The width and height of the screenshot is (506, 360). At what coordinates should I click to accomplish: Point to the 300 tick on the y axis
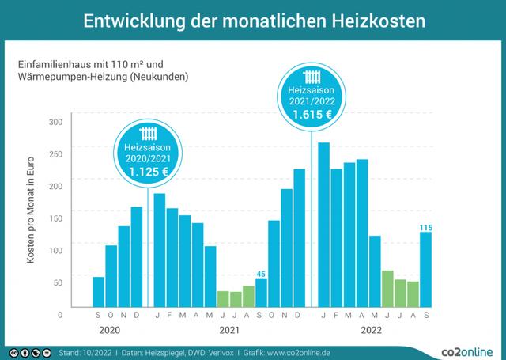[x=56, y=122]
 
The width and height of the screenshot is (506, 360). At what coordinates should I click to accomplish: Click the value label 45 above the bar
[x=261, y=273]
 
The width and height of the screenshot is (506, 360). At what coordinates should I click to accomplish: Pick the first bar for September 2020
[x=99, y=290]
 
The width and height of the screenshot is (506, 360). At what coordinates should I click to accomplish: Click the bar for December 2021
[x=299, y=237]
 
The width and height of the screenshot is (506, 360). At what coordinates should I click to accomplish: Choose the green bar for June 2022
[x=387, y=288]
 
